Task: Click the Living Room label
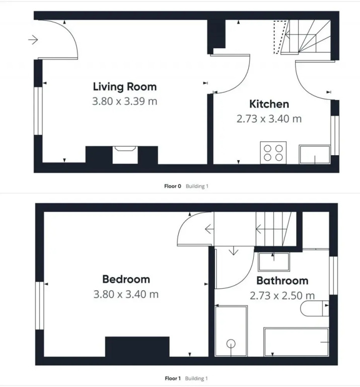(x=125, y=87)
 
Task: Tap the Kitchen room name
(x=269, y=104)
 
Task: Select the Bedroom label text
(x=126, y=279)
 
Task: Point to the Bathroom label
(x=282, y=281)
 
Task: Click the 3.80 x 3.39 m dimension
(x=125, y=101)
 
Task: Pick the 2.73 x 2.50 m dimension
(x=282, y=295)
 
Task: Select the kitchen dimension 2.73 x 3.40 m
(x=269, y=119)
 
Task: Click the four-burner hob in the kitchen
(x=273, y=153)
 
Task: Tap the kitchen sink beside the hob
(x=315, y=155)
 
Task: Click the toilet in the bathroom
(x=315, y=308)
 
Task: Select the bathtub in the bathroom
(x=296, y=342)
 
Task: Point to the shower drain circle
(x=231, y=344)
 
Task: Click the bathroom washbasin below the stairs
(x=274, y=262)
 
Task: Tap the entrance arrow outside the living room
(x=33, y=39)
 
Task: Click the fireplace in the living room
(x=125, y=155)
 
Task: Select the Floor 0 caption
(x=173, y=186)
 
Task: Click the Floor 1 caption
(x=173, y=378)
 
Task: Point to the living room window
(x=38, y=111)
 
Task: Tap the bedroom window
(x=39, y=305)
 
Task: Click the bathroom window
(x=333, y=276)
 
